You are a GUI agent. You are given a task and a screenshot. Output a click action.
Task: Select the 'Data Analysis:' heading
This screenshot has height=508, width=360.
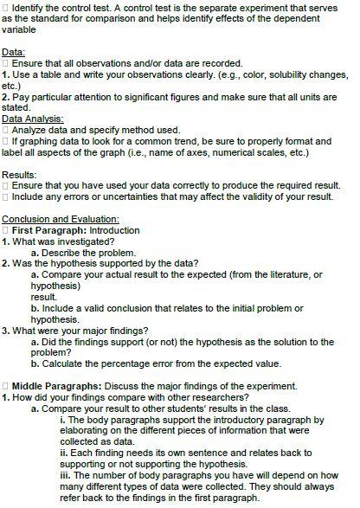pyautogui.click(x=32, y=118)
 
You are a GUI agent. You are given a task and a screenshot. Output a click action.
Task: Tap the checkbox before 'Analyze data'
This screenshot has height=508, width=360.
pyautogui.click(x=5, y=129)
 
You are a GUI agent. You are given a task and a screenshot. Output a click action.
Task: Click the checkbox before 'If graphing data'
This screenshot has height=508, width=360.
pyautogui.click(x=5, y=140)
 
